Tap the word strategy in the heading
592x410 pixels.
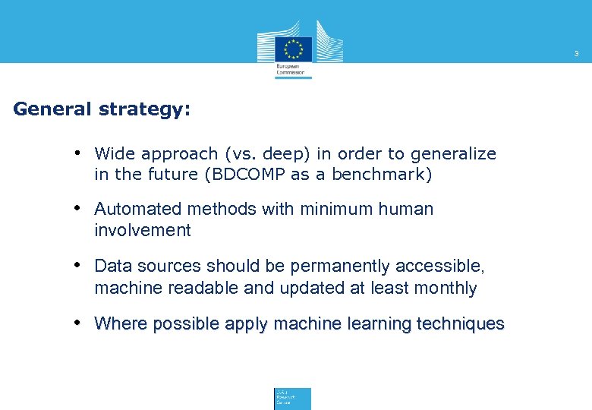[143, 110]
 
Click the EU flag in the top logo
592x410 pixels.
[294, 48]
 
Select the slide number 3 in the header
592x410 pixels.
[576, 54]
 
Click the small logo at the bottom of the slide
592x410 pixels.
[292, 399]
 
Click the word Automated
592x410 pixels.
[139, 209]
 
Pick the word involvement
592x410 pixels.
[143, 230]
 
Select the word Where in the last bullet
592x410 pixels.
[121, 324]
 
